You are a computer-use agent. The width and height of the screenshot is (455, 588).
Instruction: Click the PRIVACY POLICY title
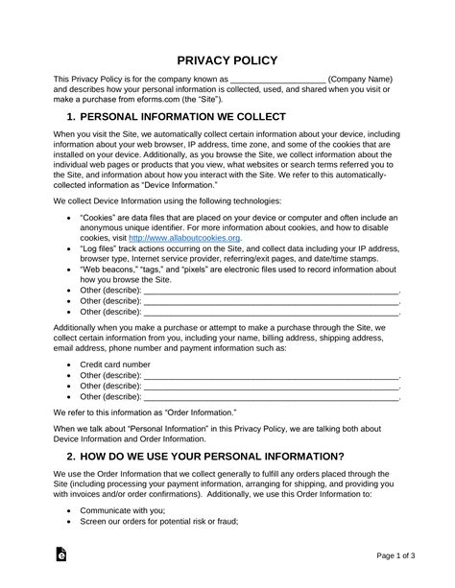click(x=227, y=59)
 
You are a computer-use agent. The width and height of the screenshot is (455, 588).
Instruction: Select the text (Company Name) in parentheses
click(x=361, y=79)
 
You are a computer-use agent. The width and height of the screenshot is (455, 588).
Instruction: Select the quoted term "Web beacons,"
click(x=109, y=269)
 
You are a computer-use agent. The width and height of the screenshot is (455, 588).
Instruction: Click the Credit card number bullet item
click(x=115, y=365)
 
